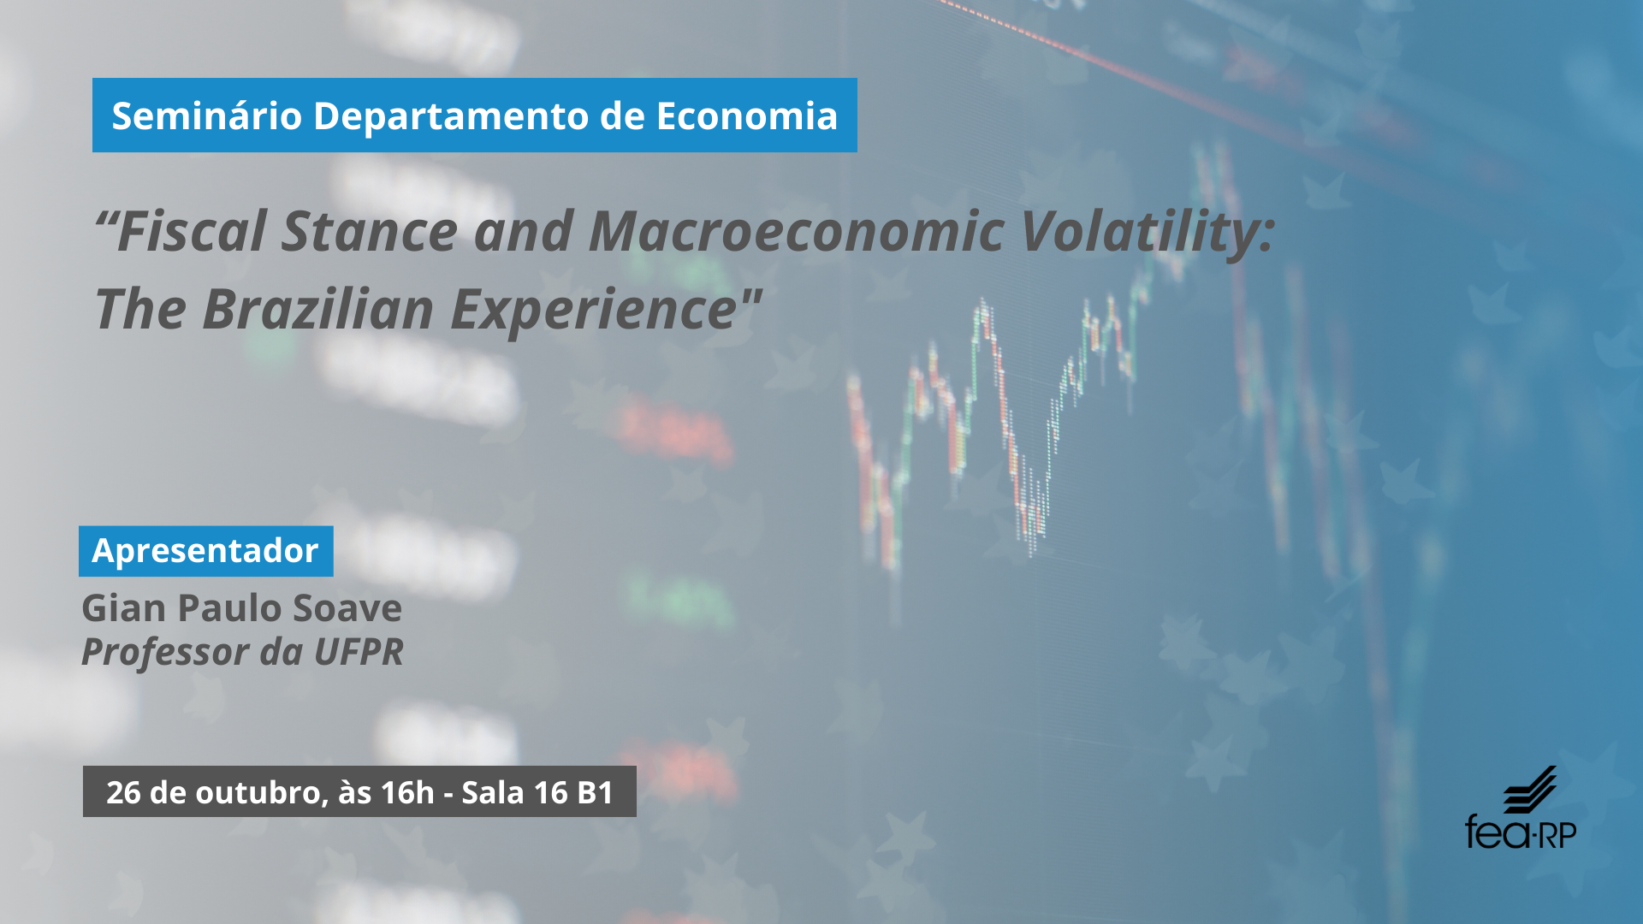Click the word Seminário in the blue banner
[x=207, y=115]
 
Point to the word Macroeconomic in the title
[x=797, y=231]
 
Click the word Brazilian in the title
[x=317, y=309]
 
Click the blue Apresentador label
[x=205, y=551]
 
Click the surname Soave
[x=347, y=608]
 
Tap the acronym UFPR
[x=359, y=652]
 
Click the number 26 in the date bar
[x=123, y=792]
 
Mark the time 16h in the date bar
[x=408, y=792]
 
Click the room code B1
[x=596, y=792]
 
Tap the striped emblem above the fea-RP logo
[x=1531, y=789]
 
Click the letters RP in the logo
[x=1558, y=833]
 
